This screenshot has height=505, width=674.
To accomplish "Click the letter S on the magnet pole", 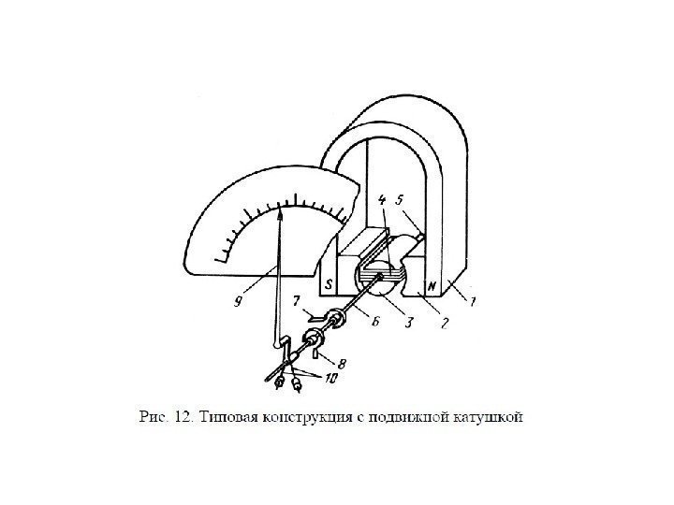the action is point(329,285).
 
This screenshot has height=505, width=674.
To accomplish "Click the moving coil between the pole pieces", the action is point(379,275).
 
